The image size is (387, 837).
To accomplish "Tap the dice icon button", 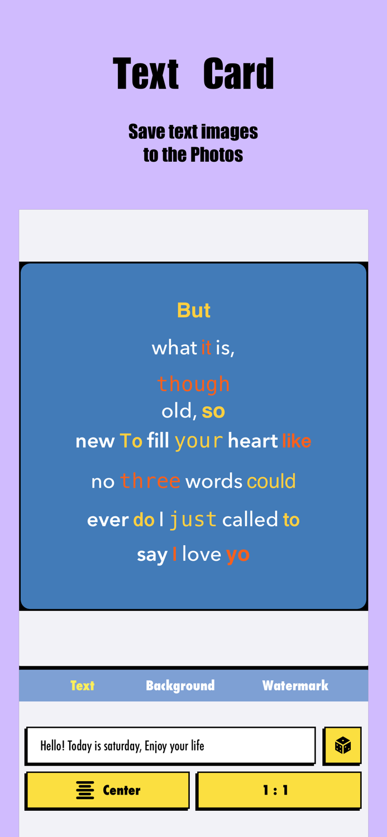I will tap(342, 745).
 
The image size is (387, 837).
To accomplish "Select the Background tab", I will tap(180, 685).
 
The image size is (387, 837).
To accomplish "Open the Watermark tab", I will tap(295, 685).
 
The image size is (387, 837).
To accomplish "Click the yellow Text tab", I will tap(82, 685).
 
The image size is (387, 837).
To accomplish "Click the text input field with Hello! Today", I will tap(170, 745).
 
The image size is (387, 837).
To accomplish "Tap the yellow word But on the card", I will tap(193, 310).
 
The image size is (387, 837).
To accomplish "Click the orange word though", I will tap(193, 384).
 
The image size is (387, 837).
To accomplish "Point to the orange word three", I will tap(150, 481).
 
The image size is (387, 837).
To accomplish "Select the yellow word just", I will tap(193, 519).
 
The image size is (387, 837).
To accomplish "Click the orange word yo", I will tap(237, 555).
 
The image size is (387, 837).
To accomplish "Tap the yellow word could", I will tap(271, 481).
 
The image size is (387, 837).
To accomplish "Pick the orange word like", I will tap(297, 441).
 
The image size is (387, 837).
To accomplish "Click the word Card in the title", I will tap(238, 74).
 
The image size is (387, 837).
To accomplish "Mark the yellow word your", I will tap(199, 441).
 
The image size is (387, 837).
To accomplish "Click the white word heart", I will tap(253, 441).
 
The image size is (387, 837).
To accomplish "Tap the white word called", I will tap(250, 519).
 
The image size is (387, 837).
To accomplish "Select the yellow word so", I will tap(213, 411).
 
